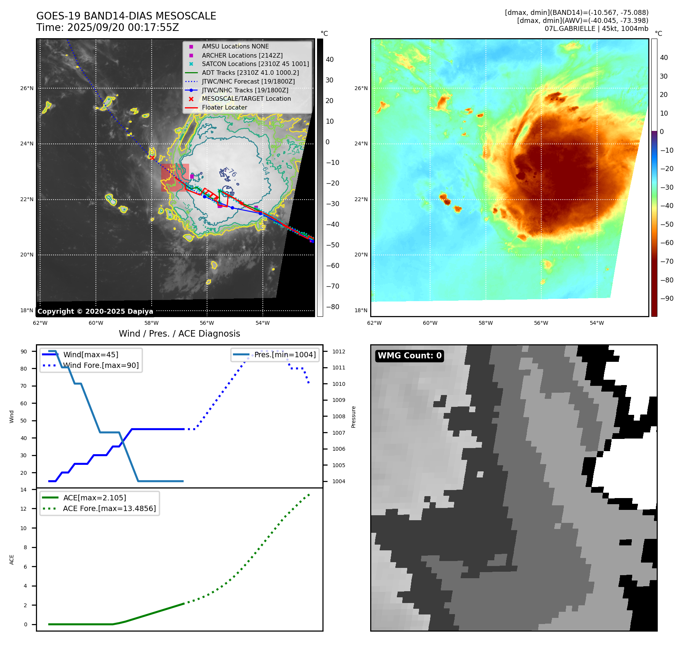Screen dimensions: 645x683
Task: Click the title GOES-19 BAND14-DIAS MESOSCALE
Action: point(126,16)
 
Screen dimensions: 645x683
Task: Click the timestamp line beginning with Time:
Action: point(107,27)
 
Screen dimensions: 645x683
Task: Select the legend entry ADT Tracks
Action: point(250,73)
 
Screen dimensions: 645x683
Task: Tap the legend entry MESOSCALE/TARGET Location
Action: point(246,98)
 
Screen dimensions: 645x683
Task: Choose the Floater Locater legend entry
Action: point(224,107)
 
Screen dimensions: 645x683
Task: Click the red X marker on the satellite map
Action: point(152,158)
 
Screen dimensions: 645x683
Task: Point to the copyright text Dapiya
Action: point(95,311)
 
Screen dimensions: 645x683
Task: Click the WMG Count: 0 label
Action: point(409,356)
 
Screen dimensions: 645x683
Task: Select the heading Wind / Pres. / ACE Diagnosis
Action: point(179,334)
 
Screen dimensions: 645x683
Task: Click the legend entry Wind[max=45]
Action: point(91,355)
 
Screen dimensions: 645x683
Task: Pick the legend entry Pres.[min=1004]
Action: point(285,355)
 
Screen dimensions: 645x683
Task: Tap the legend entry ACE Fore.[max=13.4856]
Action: point(109,508)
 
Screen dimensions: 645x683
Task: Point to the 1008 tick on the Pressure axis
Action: point(338,416)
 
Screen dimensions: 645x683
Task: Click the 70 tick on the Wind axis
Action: point(24,386)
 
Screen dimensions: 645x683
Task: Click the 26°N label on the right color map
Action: point(361,88)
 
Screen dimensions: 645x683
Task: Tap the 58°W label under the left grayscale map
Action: point(151,323)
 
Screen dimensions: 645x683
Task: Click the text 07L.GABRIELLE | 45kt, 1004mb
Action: point(596,29)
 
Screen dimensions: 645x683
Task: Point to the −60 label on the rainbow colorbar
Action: point(667,243)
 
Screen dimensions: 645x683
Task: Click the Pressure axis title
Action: point(353,417)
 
